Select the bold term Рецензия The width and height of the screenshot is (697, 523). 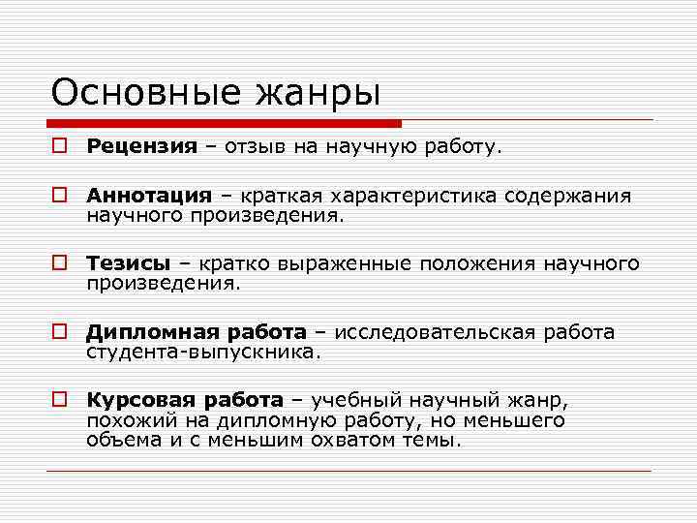141,147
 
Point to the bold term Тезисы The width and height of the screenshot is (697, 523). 129,264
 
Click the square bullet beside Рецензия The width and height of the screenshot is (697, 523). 60,147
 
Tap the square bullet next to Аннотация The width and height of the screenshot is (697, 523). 60,197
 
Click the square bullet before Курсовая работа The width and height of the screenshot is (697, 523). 60,400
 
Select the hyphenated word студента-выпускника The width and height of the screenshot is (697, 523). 202,353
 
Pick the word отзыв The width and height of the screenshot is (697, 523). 255,147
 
